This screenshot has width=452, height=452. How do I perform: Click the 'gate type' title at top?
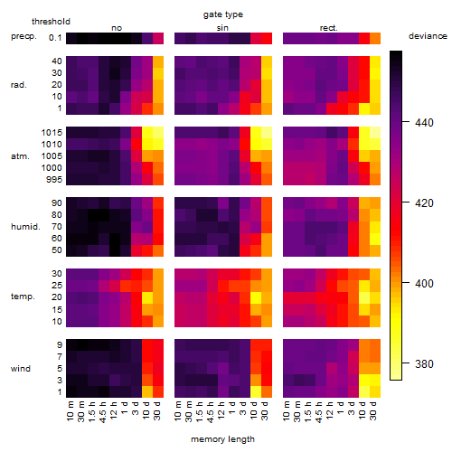(x=223, y=14)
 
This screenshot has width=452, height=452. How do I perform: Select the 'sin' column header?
(x=222, y=28)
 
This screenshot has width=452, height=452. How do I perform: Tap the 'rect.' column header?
(x=328, y=28)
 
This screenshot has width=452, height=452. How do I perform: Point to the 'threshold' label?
(x=51, y=22)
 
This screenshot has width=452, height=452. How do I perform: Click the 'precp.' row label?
(x=24, y=36)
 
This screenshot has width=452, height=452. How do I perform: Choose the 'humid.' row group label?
(x=25, y=226)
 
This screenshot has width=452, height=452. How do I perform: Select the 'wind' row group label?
(x=21, y=368)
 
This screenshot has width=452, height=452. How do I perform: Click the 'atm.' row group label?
(x=20, y=156)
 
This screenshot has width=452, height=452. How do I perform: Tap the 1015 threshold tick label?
(x=52, y=132)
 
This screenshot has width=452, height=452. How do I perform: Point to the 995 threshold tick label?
(x=54, y=179)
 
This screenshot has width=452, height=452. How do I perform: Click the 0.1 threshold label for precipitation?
(x=55, y=38)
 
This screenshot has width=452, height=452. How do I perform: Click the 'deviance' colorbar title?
(x=428, y=36)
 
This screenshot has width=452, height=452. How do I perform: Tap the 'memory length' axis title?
(x=222, y=439)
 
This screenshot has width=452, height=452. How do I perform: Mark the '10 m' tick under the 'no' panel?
(x=70, y=410)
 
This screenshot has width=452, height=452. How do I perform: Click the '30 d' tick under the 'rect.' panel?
(x=373, y=410)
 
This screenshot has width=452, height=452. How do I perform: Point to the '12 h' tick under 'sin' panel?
(x=221, y=410)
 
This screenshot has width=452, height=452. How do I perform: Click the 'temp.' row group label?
(x=23, y=297)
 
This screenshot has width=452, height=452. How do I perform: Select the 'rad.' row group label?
(x=19, y=85)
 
